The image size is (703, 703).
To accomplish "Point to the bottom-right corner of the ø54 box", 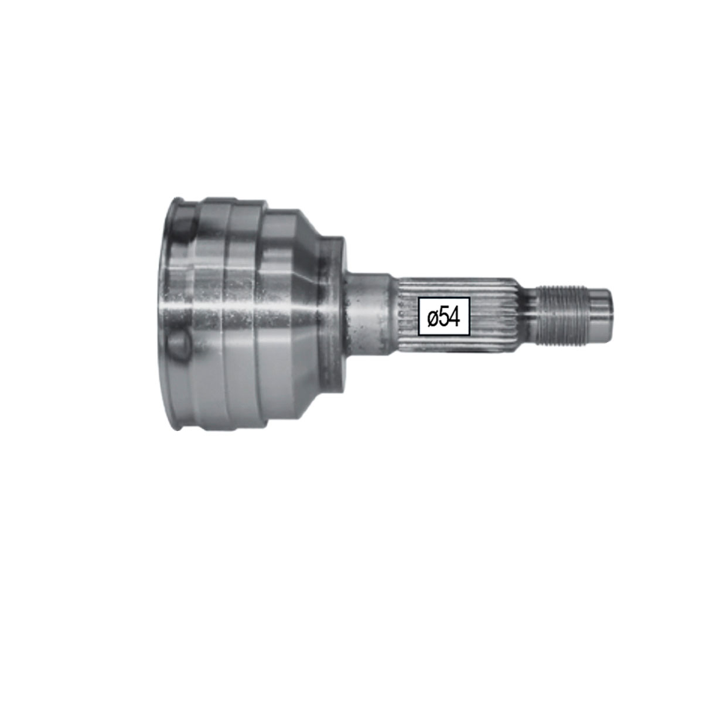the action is coord(469,335).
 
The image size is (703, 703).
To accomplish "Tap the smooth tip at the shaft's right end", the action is coord(599,315).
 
